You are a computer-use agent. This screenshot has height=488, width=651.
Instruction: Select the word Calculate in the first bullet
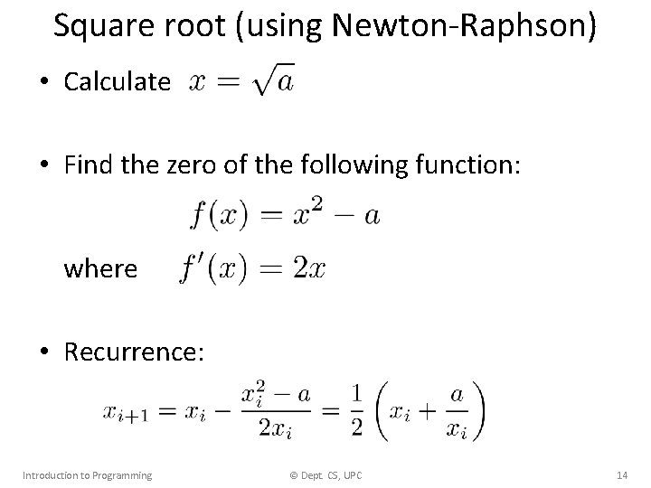click(117, 83)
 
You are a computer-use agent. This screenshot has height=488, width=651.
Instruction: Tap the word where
click(100, 268)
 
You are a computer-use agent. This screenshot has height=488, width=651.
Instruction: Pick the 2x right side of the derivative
click(309, 268)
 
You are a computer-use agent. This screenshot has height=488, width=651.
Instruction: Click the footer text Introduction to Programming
click(87, 474)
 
